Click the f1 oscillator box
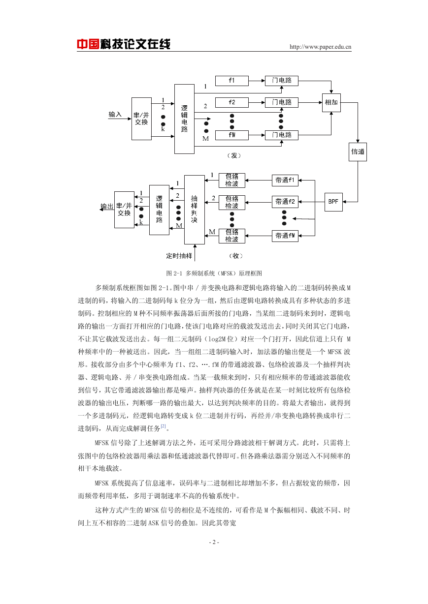click(x=231, y=81)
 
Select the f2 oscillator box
click(x=231, y=102)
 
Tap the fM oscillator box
click(x=231, y=135)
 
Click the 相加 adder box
click(x=331, y=102)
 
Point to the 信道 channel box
click(x=358, y=152)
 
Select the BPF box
click(x=333, y=202)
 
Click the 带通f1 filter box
click(x=285, y=180)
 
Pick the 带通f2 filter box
click(x=285, y=202)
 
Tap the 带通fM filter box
click(x=285, y=236)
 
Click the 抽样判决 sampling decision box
click(x=195, y=210)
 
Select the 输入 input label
click(x=115, y=114)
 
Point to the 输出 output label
click(x=107, y=206)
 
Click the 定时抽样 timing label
click(x=179, y=256)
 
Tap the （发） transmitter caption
click(x=234, y=155)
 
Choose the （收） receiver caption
click(x=235, y=256)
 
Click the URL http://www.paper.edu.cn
click(x=320, y=47)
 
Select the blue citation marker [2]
click(x=163, y=426)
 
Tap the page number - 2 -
click(x=214, y=542)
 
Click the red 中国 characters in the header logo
click(x=88, y=44)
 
